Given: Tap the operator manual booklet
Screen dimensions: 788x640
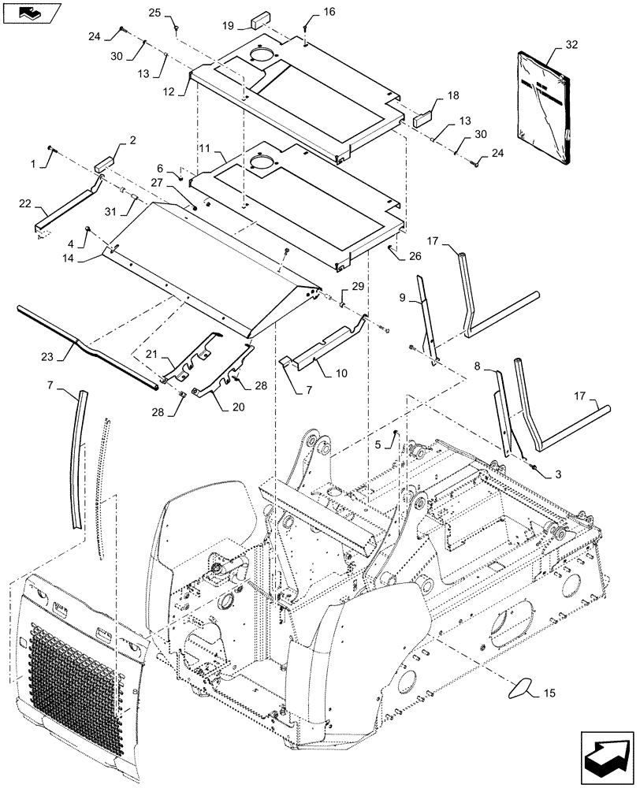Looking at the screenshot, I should [544, 106].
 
